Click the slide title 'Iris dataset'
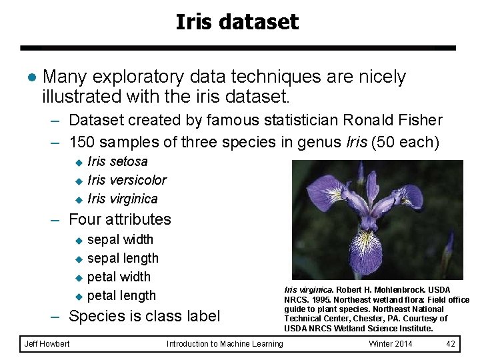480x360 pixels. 237,23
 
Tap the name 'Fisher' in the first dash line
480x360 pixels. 419,121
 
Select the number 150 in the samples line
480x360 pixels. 83,142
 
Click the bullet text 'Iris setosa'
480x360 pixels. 117,161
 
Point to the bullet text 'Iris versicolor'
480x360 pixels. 127,180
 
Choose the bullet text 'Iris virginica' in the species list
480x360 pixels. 123,199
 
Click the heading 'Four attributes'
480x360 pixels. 120,219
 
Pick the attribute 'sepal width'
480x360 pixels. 120,239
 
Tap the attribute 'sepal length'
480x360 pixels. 123,258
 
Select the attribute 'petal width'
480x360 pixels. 119,277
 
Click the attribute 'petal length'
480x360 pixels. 121,295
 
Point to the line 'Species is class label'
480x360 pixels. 144,316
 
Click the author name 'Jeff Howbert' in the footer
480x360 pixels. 47,344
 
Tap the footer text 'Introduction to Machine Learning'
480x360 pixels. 225,344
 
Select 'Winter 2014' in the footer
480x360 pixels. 391,344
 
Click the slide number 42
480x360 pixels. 451,344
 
